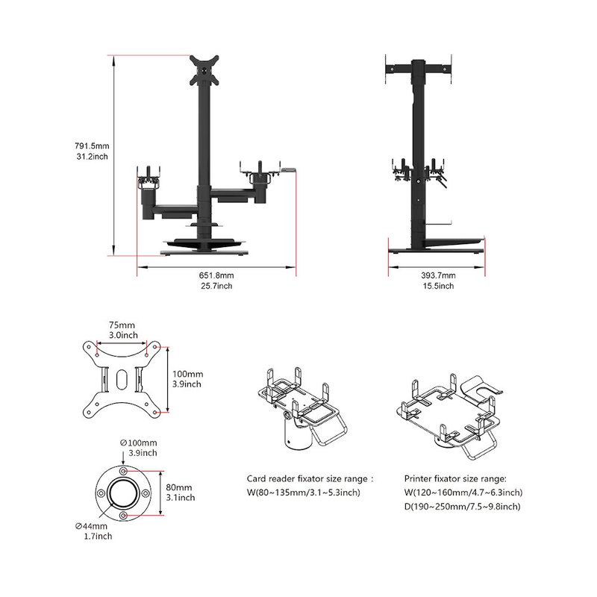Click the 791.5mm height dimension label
92,146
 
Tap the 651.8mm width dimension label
216,275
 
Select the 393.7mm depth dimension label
438,275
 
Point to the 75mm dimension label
122,325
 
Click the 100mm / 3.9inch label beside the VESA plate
187,379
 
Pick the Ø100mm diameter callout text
139,443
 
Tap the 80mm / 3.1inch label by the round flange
180,493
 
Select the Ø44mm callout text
91,526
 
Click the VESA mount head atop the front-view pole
204,70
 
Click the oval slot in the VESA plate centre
122,379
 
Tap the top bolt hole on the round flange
123,472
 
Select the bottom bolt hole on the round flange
123,516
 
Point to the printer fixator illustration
450,416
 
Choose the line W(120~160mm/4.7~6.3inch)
463,493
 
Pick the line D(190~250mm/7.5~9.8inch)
462,507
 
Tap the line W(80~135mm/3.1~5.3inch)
304,493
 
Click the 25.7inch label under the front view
216,286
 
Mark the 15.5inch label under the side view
438,286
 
